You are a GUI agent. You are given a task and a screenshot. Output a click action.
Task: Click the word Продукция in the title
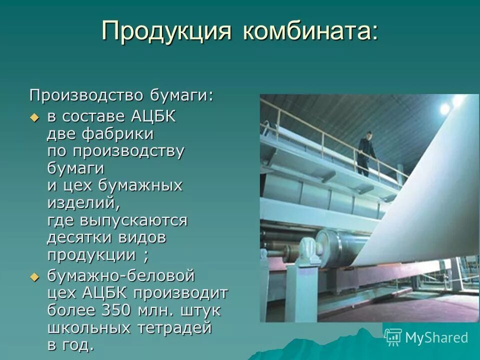[x=166, y=31]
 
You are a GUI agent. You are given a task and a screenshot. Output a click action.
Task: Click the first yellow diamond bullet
[x=34, y=117]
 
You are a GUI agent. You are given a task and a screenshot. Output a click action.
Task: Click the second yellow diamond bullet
[x=34, y=276]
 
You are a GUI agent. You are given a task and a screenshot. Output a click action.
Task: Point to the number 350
[x=118, y=310]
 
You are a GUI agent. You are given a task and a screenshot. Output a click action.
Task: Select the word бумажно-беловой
[x=120, y=275]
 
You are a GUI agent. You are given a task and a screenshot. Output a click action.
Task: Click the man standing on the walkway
[x=366, y=152]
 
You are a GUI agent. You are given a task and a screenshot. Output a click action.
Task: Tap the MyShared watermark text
[x=436, y=337]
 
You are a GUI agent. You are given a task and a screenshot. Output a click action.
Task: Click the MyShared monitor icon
[x=393, y=337]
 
